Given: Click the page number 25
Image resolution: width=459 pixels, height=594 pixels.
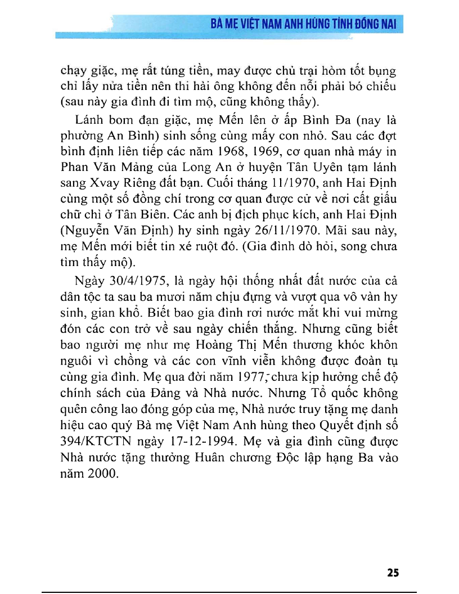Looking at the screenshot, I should click(x=393, y=573).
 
